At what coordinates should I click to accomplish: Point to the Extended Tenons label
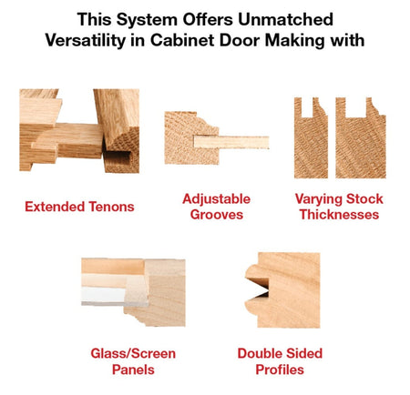[x=79, y=207]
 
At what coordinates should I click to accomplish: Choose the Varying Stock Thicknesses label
[x=338, y=207]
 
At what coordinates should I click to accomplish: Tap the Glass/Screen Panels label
[x=133, y=361]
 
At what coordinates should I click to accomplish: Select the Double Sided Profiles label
[x=280, y=361]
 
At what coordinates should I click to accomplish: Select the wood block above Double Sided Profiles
[x=283, y=289]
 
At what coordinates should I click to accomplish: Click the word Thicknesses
[x=338, y=215]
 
